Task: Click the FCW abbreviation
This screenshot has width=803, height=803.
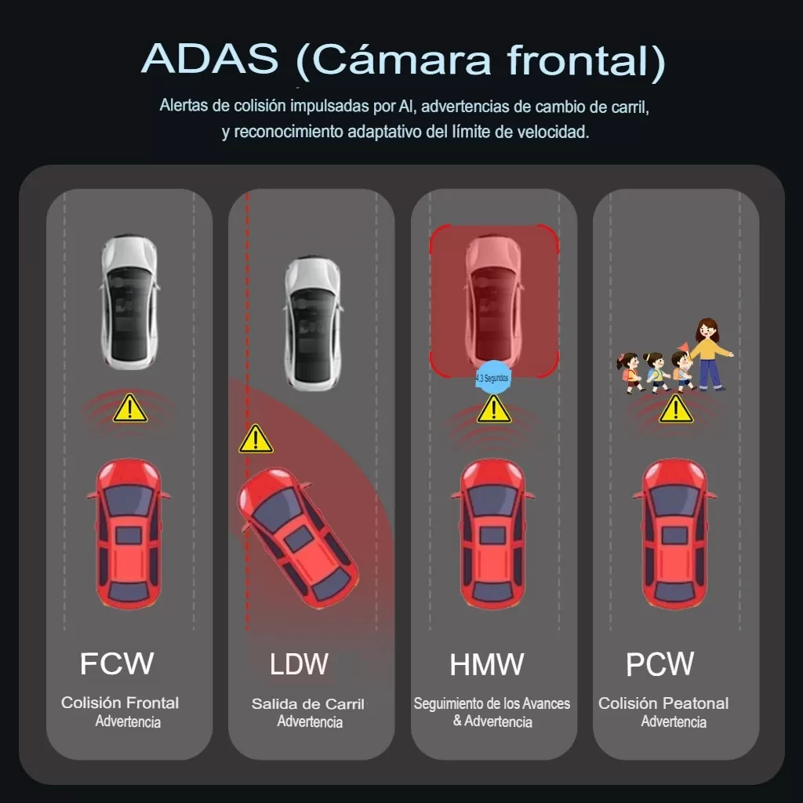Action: pyautogui.click(x=117, y=663)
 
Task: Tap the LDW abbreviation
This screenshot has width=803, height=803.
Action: pyautogui.click(x=299, y=663)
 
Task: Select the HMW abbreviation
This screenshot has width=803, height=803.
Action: pyautogui.click(x=486, y=664)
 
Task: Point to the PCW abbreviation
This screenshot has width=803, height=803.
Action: pyautogui.click(x=659, y=663)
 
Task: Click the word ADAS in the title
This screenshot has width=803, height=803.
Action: pyautogui.click(x=210, y=58)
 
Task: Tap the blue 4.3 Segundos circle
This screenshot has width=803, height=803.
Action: pyautogui.click(x=492, y=378)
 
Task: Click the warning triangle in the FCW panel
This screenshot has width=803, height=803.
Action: pyautogui.click(x=130, y=408)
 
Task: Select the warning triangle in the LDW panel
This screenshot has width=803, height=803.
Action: pyautogui.click(x=256, y=439)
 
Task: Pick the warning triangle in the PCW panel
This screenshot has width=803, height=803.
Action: pyautogui.click(x=676, y=409)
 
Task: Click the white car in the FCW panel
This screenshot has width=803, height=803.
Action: pyautogui.click(x=129, y=302)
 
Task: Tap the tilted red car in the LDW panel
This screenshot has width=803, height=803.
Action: pyautogui.click(x=297, y=538)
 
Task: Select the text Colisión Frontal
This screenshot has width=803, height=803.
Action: pyautogui.click(x=120, y=703)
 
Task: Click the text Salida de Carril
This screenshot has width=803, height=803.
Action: pyautogui.click(x=307, y=704)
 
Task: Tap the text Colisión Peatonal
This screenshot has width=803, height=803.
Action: pyautogui.click(x=663, y=703)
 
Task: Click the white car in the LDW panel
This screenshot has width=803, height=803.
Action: pyautogui.click(x=313, y=324)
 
